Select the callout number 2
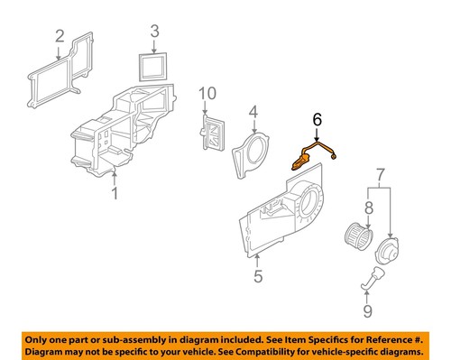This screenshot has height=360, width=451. pyautogui.click(x=59, y=37)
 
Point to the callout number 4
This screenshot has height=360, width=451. pyautogui.click(x=254, y=113)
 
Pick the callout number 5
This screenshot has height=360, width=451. pyautogui.click(x=257, y=277)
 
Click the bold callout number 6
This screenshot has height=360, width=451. pyautogui.click(x=316, y=118)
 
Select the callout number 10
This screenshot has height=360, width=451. pyautogui.click(x=208, y=93)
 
